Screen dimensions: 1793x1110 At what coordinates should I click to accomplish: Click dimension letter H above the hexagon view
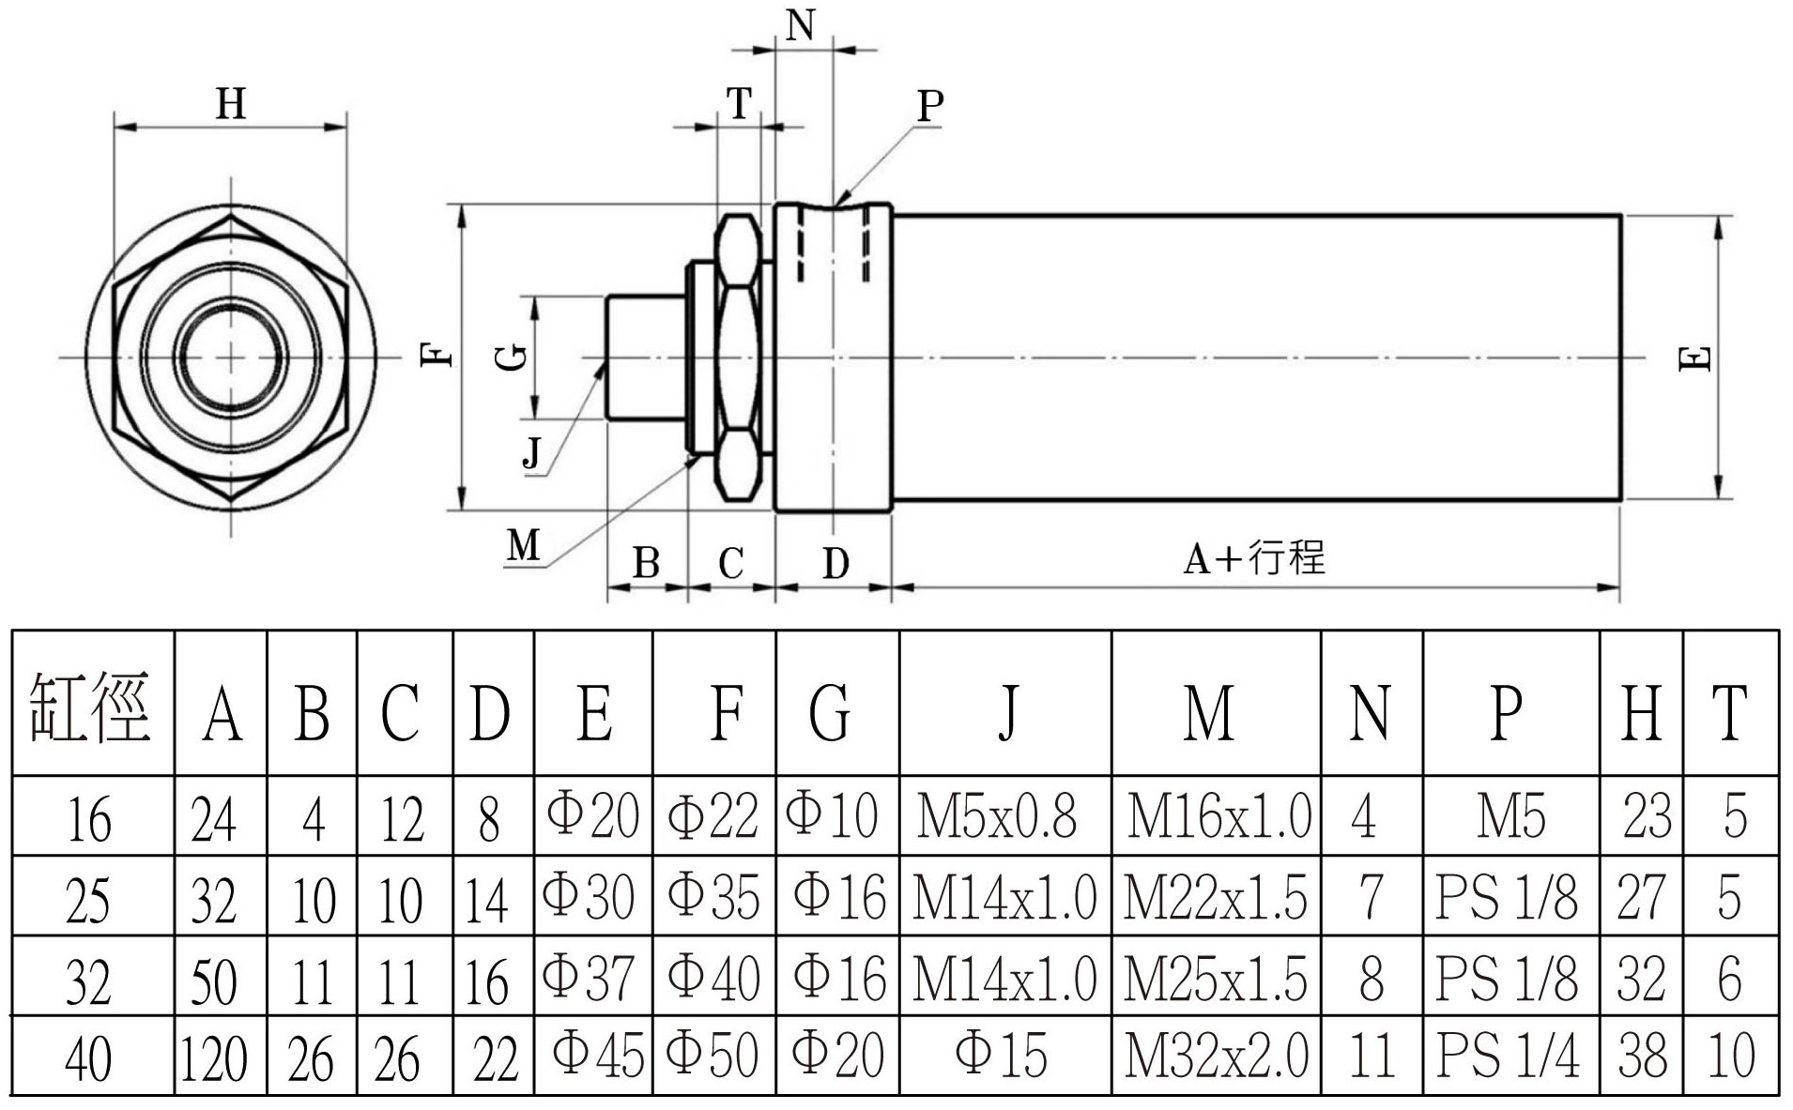click(231, 103)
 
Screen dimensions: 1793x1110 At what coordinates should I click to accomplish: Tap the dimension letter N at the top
click(800, 25)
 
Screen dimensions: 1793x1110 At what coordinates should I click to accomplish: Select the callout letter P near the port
click(929, 105)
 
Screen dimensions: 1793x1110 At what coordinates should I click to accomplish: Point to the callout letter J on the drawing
click(532, 453)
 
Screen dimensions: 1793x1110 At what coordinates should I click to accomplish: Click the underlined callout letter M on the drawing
click(524, 544)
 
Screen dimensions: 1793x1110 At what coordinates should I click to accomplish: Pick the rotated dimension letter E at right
click(1694, 358)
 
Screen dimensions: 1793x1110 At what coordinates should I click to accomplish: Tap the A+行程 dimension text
click(1255, 558)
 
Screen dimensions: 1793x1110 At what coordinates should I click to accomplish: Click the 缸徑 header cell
click(91, 706)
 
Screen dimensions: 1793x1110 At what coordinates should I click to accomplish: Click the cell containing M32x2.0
click(1217, 1054)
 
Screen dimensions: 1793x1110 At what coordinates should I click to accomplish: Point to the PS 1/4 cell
click(1508, 1054)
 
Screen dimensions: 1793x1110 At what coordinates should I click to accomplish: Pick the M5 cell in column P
click(1511, 815)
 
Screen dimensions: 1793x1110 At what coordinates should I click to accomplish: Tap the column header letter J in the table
click(1008, 712)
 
